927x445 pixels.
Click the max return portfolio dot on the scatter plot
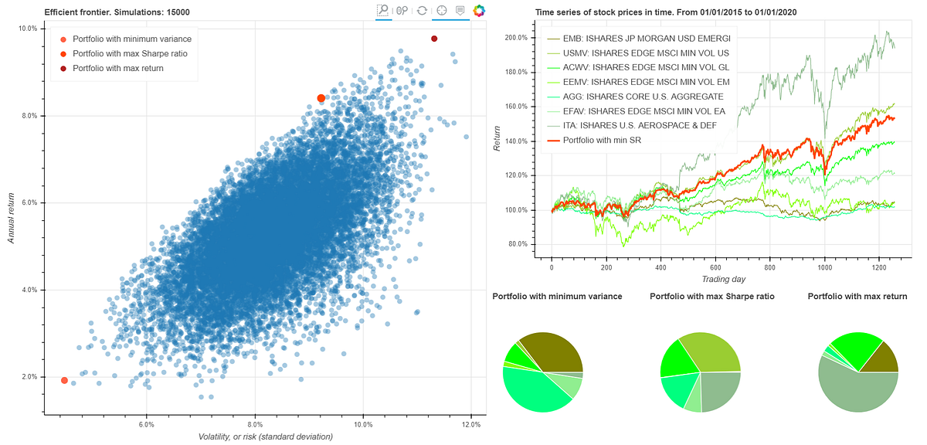click(x=434, y=39)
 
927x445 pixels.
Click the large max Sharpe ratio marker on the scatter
click(x=321, y=98)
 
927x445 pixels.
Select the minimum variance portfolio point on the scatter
click(x=64, y=380)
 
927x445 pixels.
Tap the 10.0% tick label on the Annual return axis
click(x=28, y=29)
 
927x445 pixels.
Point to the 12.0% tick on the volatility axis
click(x=471, y=425)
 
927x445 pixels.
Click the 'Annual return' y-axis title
click(x=12, y=218)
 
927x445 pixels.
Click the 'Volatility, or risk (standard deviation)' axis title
click(x=256, y=437)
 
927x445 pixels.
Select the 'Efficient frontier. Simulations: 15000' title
click(x=117, y=12)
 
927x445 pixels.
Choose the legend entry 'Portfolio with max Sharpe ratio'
click(x=129, y=53)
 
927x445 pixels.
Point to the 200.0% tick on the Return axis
click(x=515, y=37)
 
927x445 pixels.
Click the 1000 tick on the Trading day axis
click(x=825, y=267)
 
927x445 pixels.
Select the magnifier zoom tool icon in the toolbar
click(x=383, y=10)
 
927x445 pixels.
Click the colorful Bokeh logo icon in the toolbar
click(x=480, y=11)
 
